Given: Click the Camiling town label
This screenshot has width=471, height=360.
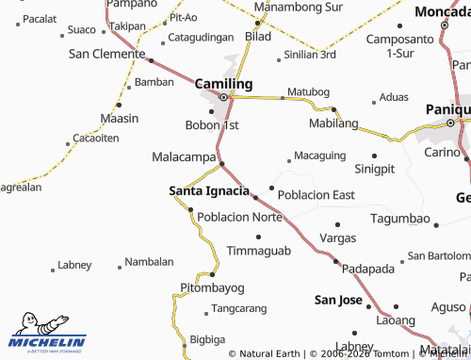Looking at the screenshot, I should (223, 83).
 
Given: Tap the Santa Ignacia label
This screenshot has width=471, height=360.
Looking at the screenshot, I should (209, 191).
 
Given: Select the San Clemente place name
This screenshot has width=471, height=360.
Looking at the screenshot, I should (106, 54).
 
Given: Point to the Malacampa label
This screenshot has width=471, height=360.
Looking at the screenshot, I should (185, 156).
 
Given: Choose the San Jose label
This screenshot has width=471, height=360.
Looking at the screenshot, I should (338, 301).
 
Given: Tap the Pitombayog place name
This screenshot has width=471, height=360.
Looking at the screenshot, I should (212, 286).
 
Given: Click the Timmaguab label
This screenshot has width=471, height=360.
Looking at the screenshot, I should (259, 252).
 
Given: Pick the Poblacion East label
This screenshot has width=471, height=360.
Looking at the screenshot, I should (317, 195).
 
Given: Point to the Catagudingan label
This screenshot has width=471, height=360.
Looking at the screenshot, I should (200, 38).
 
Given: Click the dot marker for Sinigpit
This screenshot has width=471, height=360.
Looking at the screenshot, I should (374, 155).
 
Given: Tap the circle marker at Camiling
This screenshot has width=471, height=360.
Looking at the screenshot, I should (223, 97).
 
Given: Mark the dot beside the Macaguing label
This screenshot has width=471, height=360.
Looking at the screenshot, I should (288, 161).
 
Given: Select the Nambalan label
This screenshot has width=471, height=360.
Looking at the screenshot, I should (150, 261).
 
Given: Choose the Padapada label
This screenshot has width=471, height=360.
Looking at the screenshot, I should (368, 269).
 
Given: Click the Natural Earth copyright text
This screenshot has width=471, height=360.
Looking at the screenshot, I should (265, 353).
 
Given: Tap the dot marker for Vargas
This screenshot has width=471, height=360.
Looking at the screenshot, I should (338, 224).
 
